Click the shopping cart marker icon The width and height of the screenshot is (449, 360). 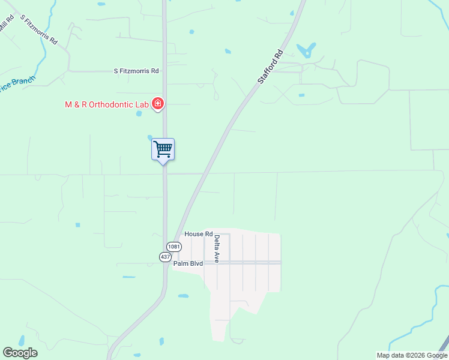click(163, 149)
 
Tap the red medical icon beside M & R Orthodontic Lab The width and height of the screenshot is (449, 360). click(158, 104)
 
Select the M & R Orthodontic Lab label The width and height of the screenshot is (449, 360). click(107, 104)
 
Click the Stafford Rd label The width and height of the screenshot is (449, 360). click(270, 67)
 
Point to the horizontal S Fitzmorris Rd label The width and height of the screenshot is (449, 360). click(136, 71)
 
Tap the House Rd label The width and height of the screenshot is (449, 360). click(199, 234)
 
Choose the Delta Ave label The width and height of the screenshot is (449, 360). click(217, 249)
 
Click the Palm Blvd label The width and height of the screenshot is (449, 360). click(188, 263)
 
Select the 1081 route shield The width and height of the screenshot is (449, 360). click(174, 247)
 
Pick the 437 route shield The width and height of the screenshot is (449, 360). click(165, 257)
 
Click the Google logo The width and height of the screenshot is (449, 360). click(20, 353)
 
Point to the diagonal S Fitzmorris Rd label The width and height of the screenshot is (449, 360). click(39, 29)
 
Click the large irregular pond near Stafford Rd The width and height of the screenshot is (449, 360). click(307, 50)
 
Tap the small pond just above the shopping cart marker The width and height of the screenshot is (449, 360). click(150, 138)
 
